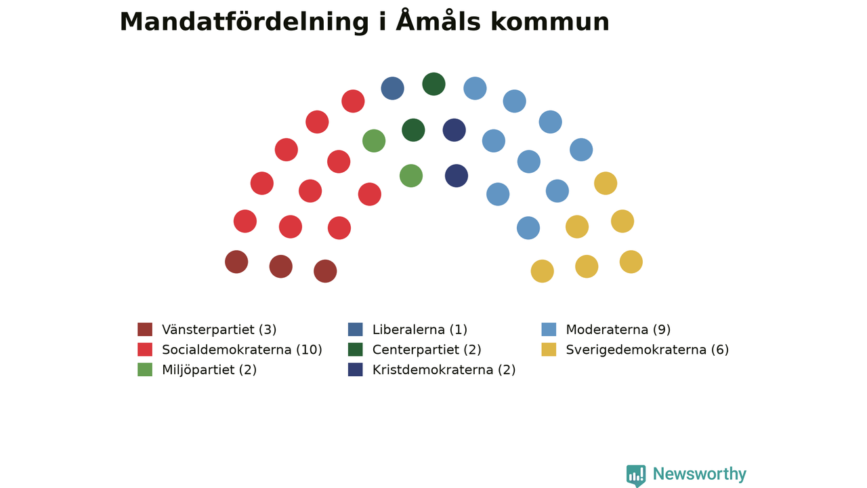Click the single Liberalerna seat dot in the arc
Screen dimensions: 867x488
tap(392, 88)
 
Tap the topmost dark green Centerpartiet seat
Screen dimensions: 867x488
tap(434, 84)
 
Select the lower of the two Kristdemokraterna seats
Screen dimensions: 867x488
tap(457, 176)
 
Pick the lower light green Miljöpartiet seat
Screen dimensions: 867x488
tap(411, 176)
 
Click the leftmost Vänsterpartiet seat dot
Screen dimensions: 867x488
tap(236, 262)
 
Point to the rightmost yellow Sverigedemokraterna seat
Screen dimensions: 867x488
tap(631, 262)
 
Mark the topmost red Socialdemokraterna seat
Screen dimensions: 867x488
tap(353, 101)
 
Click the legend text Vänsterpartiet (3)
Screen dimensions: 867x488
tap(219, 329)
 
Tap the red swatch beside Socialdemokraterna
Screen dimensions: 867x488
tap(145, 349)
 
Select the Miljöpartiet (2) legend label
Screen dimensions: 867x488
tap(209, 370)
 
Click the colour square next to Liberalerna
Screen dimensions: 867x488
tap(356, 329)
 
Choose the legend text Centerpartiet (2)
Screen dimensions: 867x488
tap(427, 350)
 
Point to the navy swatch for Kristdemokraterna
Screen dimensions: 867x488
tap(356, 369)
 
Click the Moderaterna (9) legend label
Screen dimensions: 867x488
tap(618, 329)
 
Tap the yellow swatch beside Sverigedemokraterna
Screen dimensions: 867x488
tap(549, 349)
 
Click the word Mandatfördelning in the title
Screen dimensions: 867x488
tap(245, 22)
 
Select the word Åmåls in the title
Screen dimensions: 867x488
tap(438, 20)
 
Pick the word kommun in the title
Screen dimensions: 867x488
tap(550, 22)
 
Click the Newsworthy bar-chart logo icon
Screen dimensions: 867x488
tap(636, 476)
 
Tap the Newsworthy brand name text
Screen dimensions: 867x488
tap(700, 474)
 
